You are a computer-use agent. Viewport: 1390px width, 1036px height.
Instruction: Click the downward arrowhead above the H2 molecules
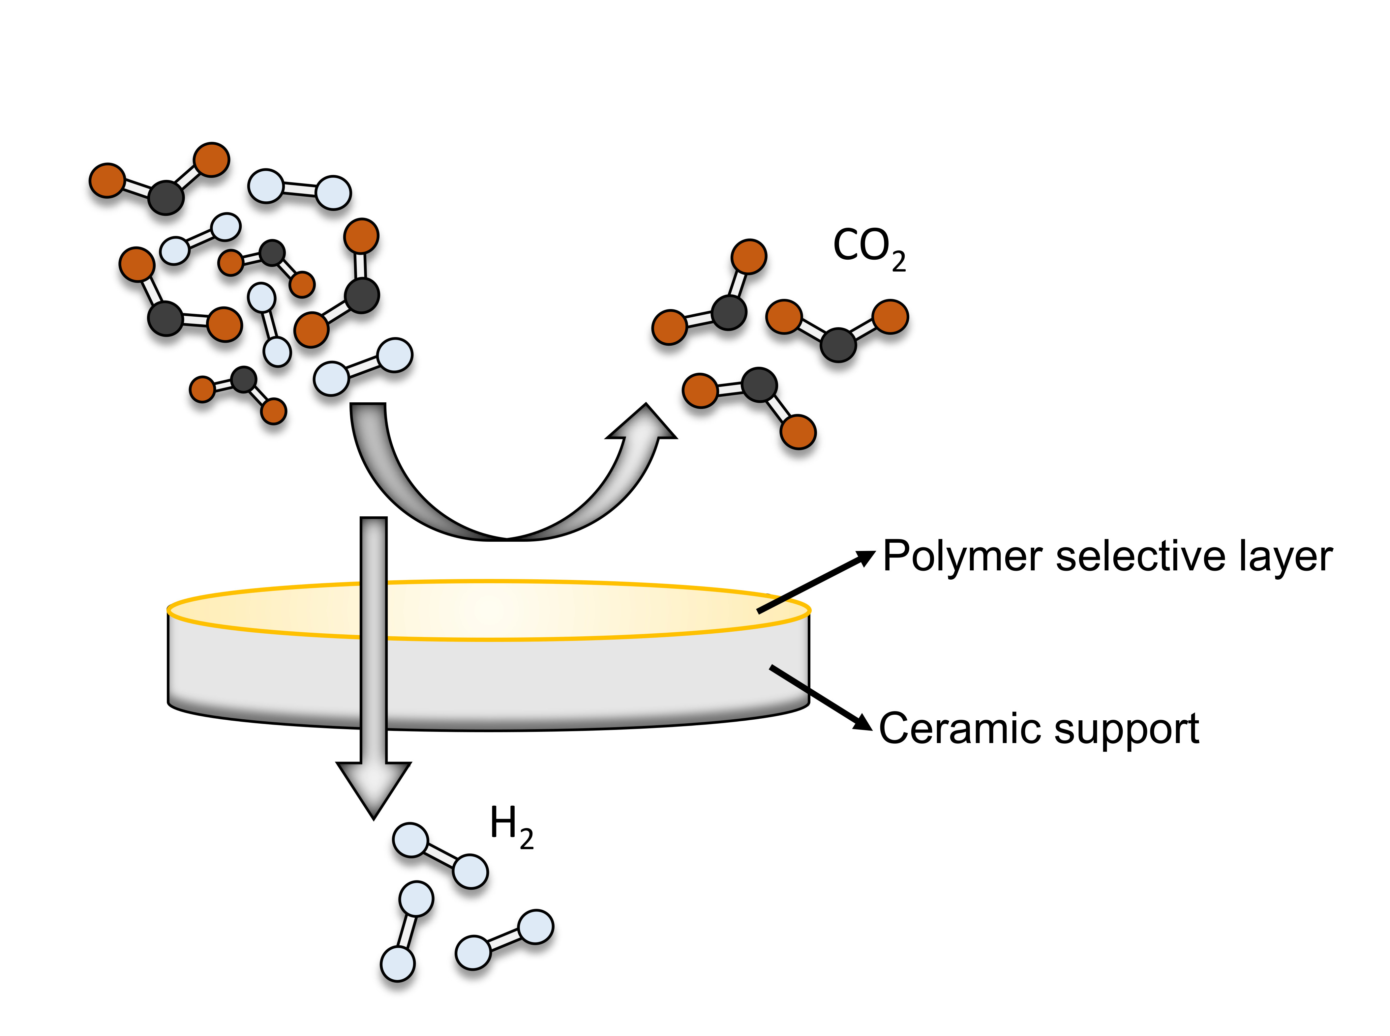(x=374, y=787)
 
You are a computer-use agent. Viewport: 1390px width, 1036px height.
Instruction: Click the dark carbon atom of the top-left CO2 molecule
(x=166, y=197)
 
